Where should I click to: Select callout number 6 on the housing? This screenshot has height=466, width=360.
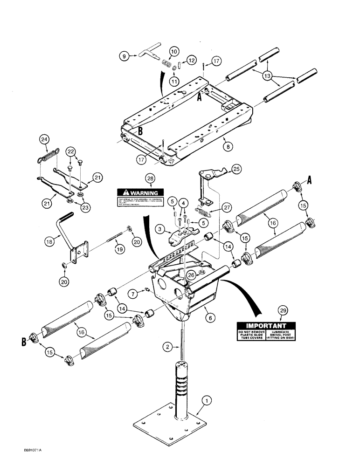(209, 317)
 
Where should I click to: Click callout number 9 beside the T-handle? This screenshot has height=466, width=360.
(124, 56)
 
